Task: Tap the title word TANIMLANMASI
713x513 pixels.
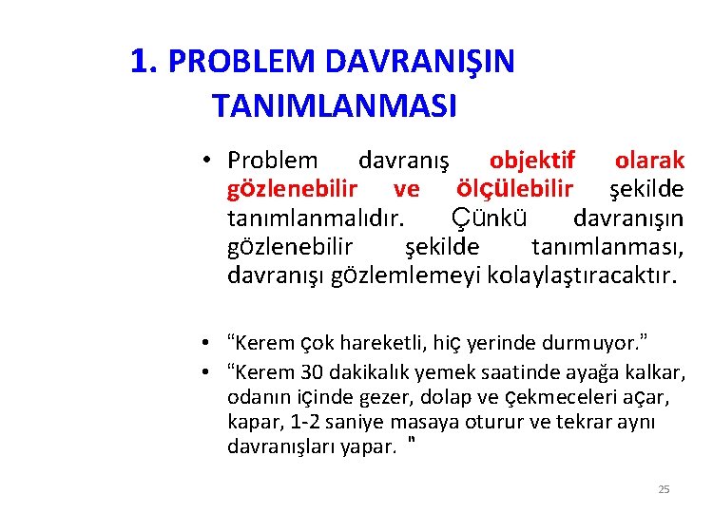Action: tap(335, 104)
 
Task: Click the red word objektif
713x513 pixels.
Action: tap(532, 160)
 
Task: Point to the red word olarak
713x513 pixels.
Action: tap(649, 160)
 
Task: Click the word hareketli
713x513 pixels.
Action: tap(377, 343)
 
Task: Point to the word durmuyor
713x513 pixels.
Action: tap(592, 343)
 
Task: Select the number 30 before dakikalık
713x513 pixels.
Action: tap(314, 370)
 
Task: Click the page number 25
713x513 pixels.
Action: tap(664, 489)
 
